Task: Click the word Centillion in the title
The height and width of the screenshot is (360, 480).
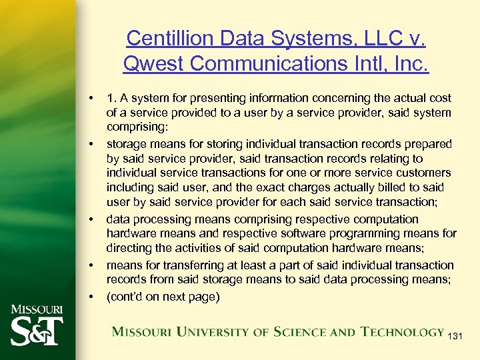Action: pyautogui.click(x=162, y=38)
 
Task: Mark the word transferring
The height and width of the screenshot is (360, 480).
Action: pyautogui.click(x=179, y=265)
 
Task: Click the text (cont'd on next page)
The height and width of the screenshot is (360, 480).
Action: pyautogui.click(x=163, y=297)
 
